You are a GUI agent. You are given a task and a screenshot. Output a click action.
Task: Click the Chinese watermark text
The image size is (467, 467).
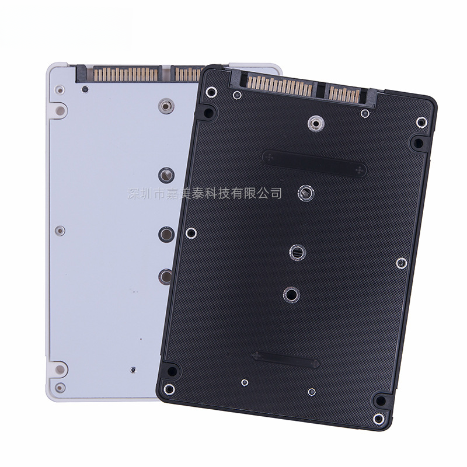(x=204, y=193)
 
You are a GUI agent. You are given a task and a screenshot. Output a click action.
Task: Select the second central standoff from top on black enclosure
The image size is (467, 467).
(x=306, y=193)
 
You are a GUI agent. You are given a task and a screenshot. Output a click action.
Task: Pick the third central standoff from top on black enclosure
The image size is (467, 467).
(x=298, y=252)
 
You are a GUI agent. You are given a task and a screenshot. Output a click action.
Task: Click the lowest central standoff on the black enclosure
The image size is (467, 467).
(x=291, y=295)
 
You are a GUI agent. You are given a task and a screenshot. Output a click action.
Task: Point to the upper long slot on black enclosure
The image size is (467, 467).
(x=315, y=163)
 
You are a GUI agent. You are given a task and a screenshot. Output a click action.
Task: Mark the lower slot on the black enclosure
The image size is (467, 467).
(x=285, y=360)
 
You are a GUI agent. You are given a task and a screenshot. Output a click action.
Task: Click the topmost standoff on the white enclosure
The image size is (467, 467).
(x=166, y=106)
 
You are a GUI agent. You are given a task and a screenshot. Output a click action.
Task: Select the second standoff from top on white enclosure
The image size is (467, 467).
(x=166, y=175)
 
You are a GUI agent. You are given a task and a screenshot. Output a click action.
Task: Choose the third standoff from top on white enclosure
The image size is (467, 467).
(x=166, y=234)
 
